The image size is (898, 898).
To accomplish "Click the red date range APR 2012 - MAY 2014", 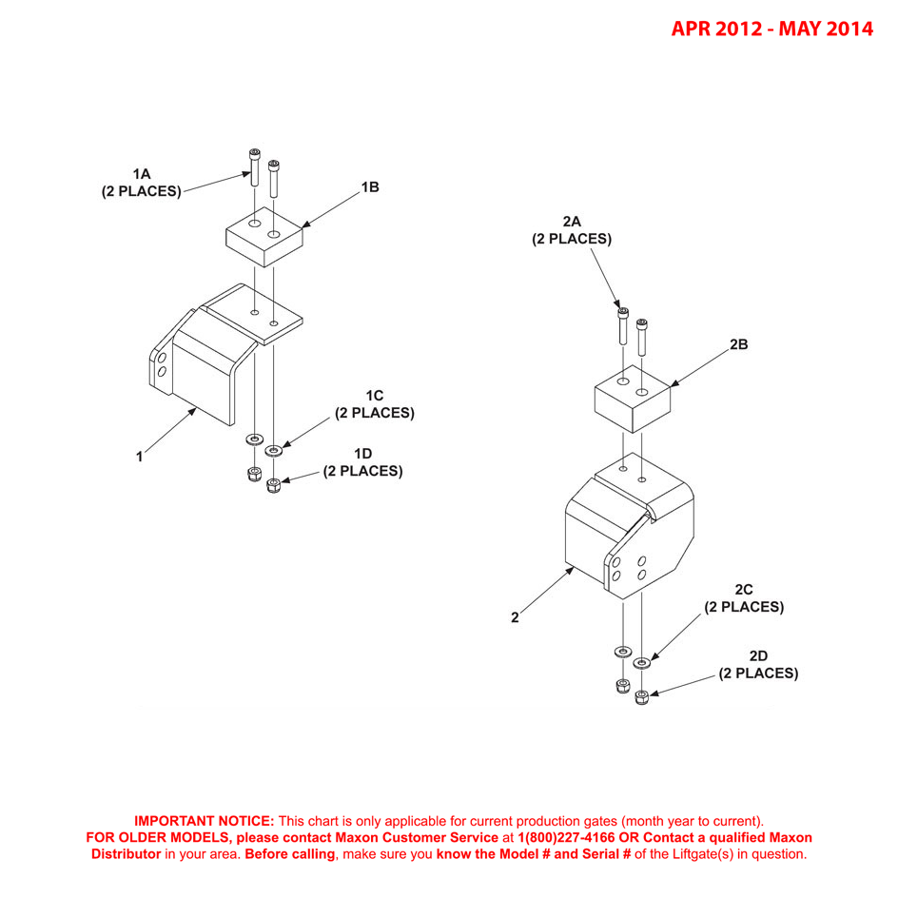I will pos(771,29).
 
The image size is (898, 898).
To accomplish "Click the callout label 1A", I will pos(141,174).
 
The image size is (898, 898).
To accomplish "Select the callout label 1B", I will pos(370,187).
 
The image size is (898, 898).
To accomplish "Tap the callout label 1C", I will pos(374,396).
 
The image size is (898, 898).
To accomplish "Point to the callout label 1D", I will pos(362,454).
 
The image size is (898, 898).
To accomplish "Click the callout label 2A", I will pos(571,222).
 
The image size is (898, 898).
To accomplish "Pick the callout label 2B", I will pos(738,344).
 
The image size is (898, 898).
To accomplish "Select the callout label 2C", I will pos(744,590).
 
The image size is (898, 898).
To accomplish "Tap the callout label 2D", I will pos(758,656).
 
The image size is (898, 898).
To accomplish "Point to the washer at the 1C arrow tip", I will pos(274,448).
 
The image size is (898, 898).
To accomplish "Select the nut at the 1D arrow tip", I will pos(274,486).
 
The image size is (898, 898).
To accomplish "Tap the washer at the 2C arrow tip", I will pos(642,662).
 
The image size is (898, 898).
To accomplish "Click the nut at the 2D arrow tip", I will pos(642,697).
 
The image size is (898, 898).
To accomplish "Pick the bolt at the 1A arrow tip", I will pos(255,166).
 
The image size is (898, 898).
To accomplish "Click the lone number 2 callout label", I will pos(515,617).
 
